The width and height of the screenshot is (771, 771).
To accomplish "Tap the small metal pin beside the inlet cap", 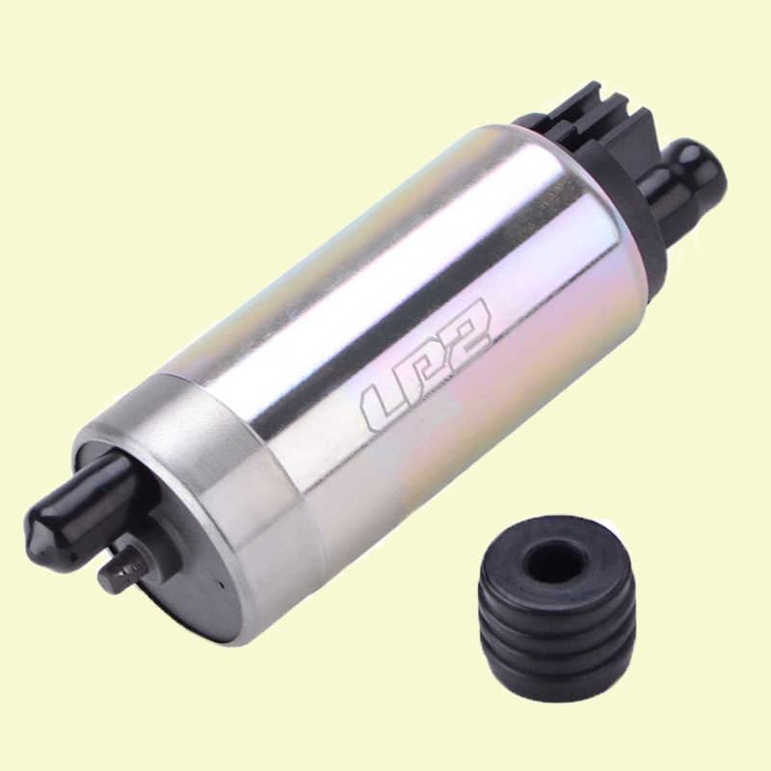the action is pos(125,571).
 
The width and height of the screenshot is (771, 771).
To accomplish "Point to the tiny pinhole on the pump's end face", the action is pos(223,585).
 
